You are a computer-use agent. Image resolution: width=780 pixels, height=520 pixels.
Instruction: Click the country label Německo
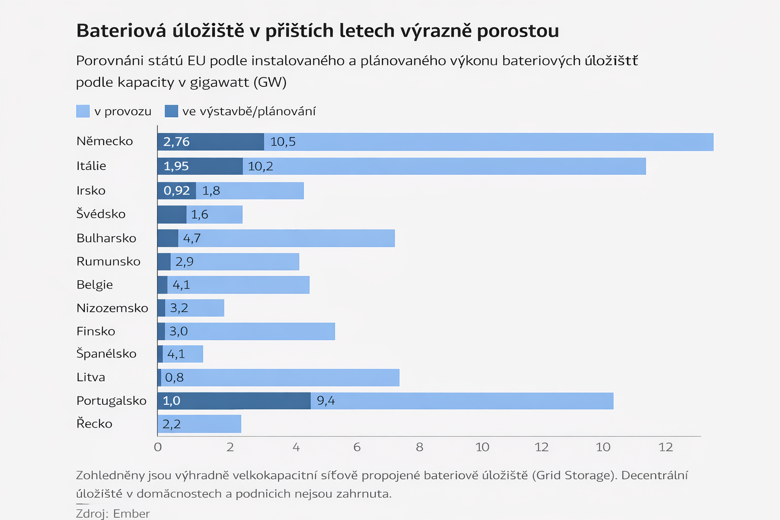point(105,141)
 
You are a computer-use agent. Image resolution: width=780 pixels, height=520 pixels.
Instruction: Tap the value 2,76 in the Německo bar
point(176,142)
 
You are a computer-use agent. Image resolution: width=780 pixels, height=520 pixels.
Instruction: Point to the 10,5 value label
point(283,142)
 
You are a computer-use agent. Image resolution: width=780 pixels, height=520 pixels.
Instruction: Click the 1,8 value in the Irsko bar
point(211,190)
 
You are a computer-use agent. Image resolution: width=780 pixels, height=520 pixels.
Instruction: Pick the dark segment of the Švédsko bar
point(172,214)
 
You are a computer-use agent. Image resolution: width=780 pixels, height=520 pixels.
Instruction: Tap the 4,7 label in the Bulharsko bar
point(192,238)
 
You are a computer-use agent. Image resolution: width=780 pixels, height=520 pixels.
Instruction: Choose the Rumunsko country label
point(108,262)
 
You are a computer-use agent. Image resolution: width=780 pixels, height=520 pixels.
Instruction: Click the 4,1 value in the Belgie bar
point(181,285)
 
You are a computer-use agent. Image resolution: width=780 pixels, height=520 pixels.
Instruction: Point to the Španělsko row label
point(106,353)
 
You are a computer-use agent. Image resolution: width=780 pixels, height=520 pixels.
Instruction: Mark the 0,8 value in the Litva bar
point(174,377)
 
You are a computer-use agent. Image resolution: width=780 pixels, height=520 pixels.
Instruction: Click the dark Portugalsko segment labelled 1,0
point(234,401)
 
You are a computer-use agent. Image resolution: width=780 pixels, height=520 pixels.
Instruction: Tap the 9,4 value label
point(326,401)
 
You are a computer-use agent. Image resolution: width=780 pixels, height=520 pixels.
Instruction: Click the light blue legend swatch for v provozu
point(83,111)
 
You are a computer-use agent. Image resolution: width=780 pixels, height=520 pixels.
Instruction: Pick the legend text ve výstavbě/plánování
point(249,111)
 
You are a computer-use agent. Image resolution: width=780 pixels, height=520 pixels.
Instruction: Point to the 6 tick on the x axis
point(357,447)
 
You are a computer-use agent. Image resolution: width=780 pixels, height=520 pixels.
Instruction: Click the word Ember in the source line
point(132,513)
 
